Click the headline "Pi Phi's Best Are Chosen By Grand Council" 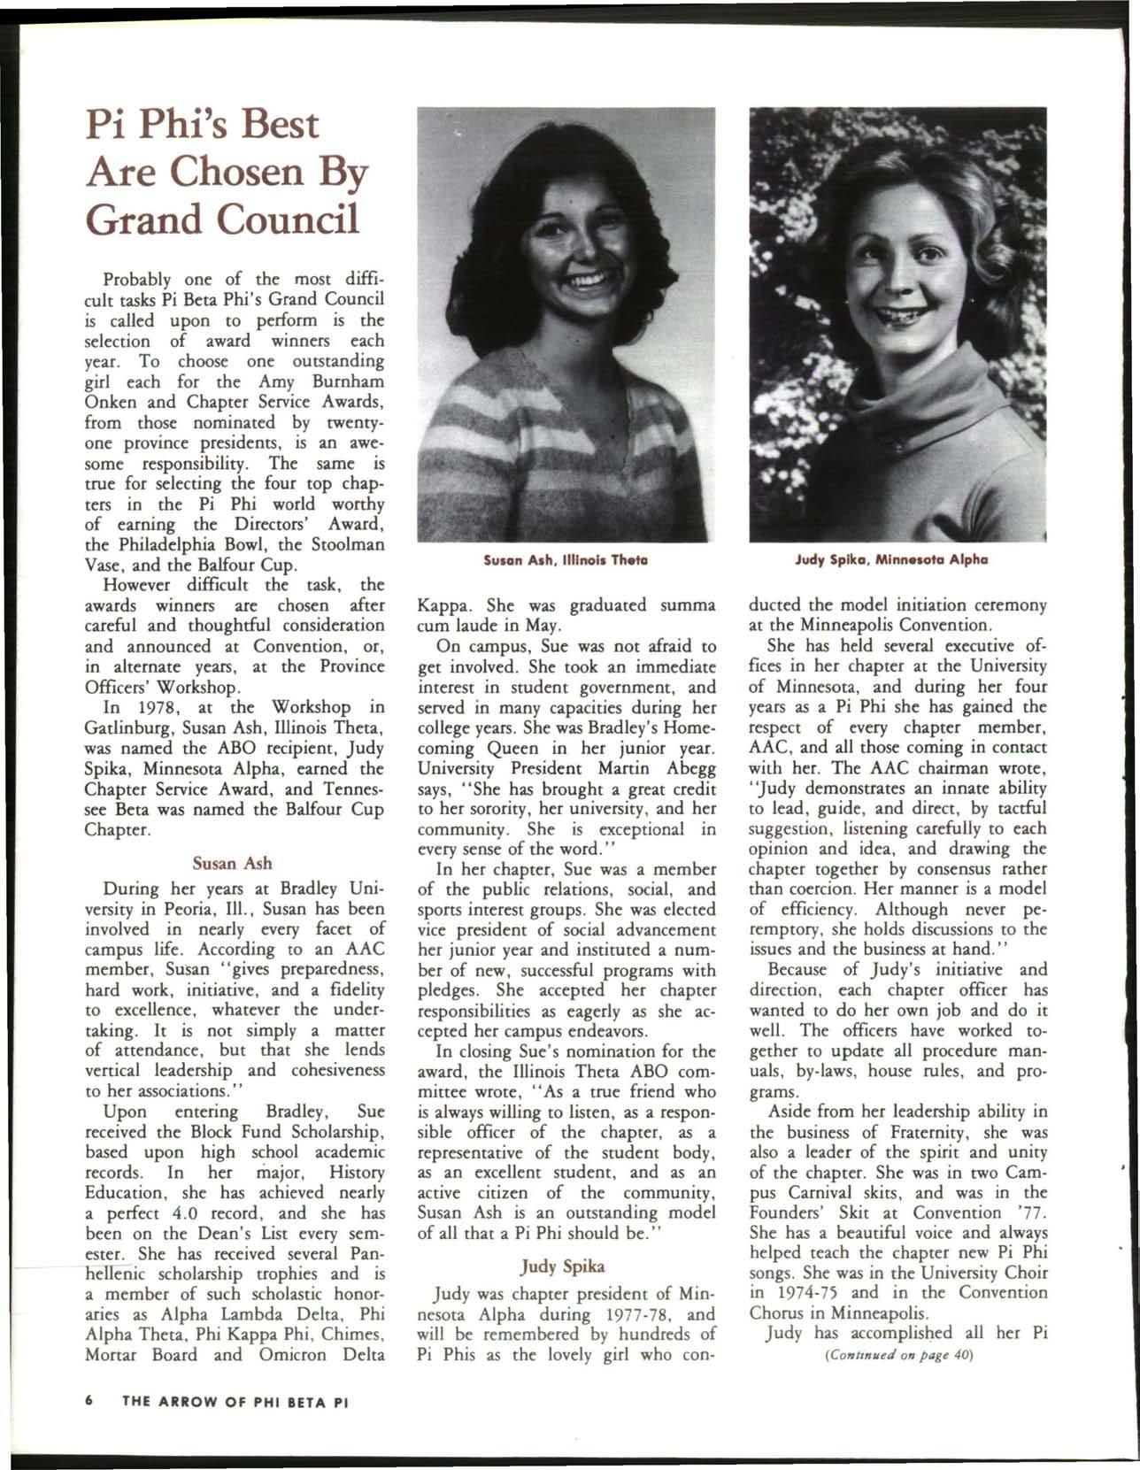[226, 170]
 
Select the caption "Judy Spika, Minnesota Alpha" [897, 559]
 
